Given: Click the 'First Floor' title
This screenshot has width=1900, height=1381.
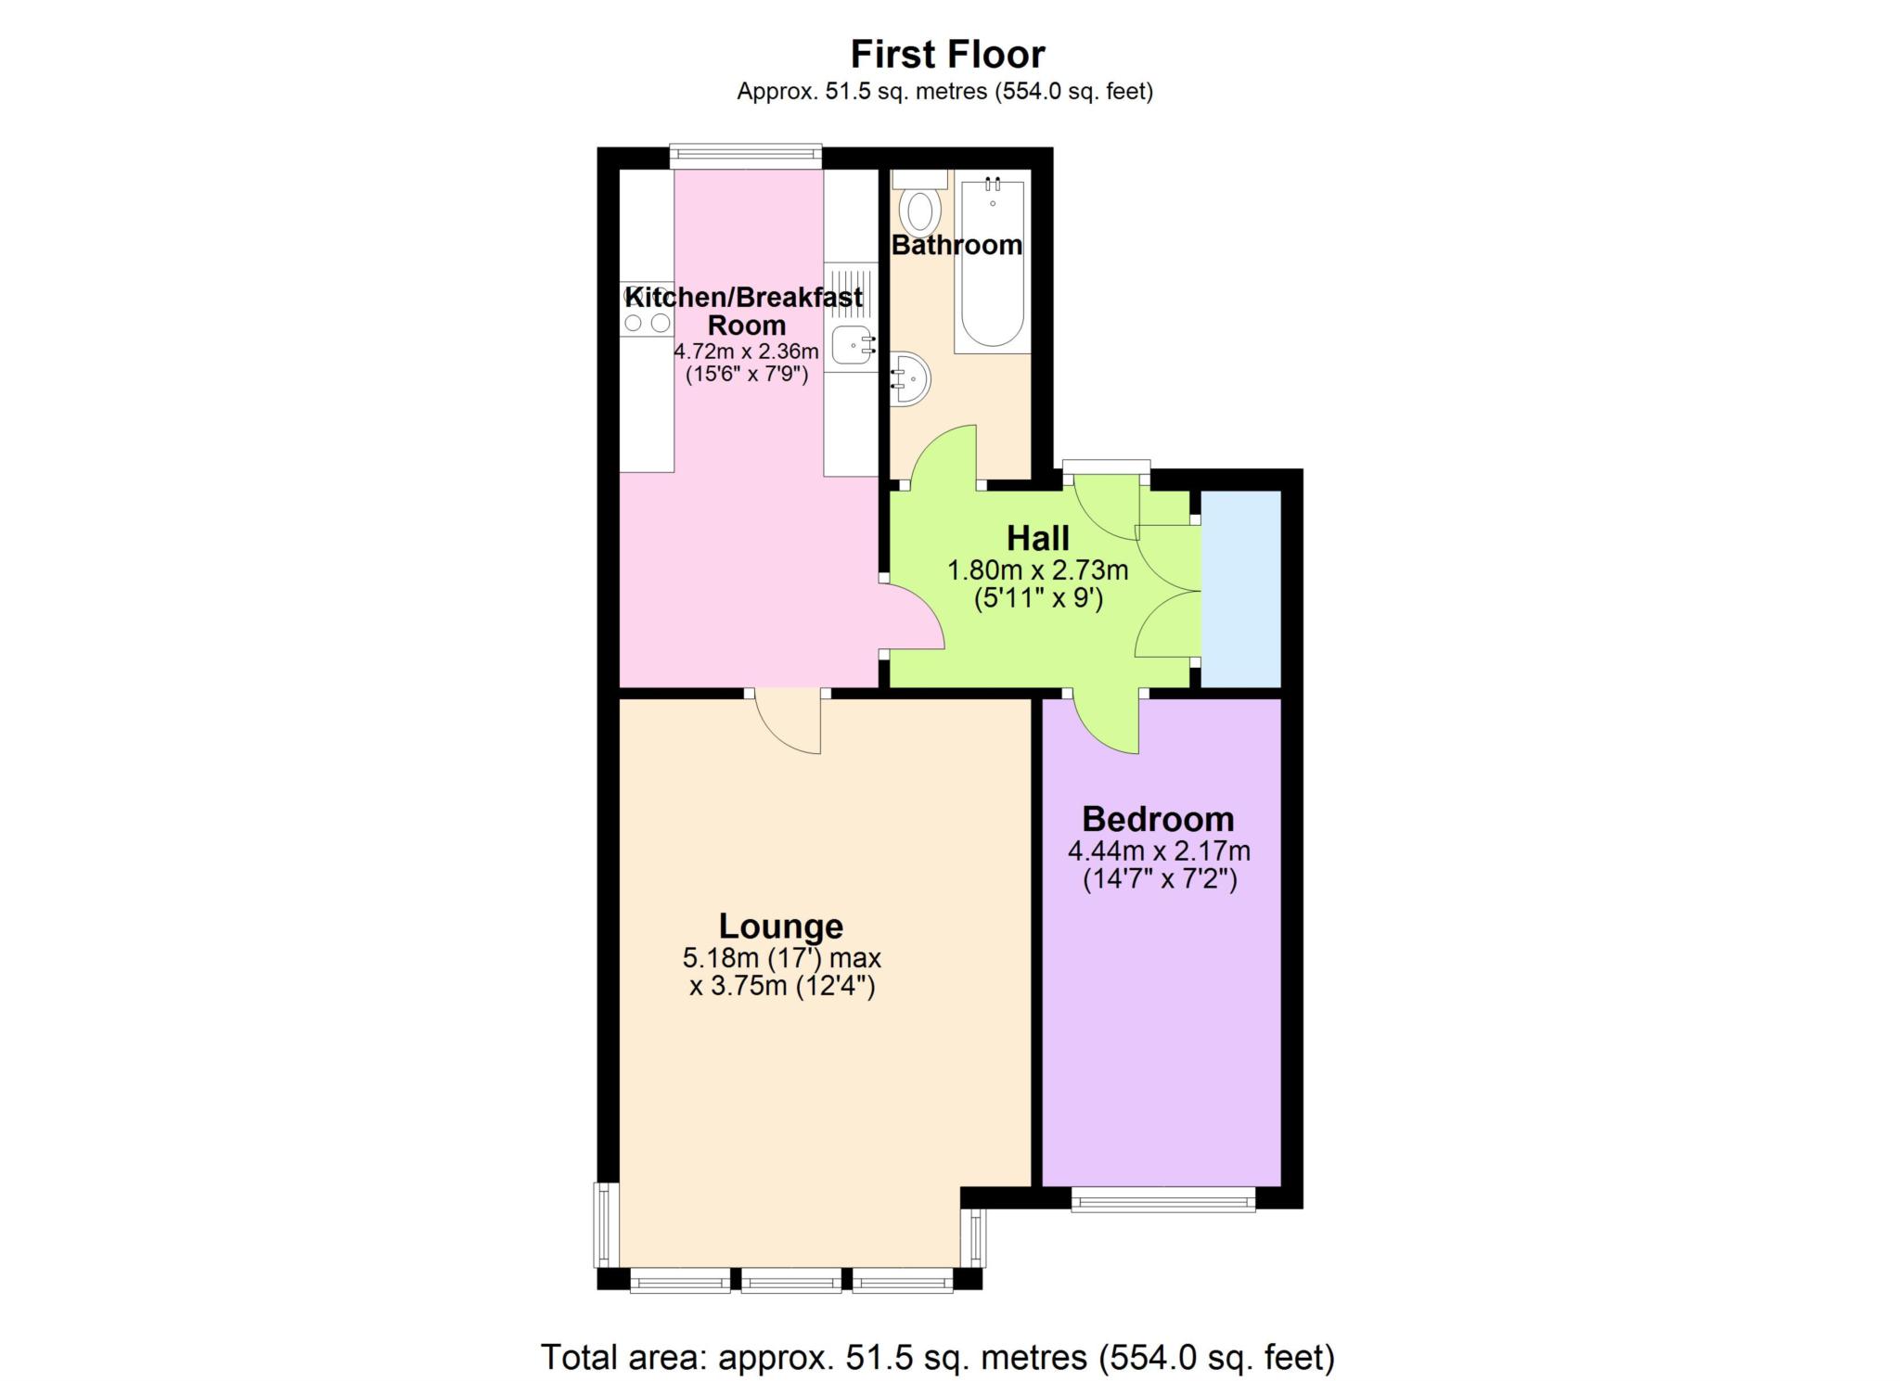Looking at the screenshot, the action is (x=947, y=55).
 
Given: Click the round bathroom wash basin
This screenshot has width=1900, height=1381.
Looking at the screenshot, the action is (x=910, y=378).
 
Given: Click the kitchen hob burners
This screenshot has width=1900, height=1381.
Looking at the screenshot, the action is (x=647, y=310).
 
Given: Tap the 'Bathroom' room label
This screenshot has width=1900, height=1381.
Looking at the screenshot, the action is (x=956, y=245).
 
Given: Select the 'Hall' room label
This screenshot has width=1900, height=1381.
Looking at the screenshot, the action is (x=1038, y=538).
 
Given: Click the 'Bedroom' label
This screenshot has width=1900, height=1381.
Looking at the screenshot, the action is (x=1158, y=819).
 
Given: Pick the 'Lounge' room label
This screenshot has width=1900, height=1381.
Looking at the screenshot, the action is (x=781, y=926).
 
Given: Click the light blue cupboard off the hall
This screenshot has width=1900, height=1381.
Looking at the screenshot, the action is (x=1241, y=589).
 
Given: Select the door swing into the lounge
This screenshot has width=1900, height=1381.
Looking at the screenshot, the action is (x=788, y=723).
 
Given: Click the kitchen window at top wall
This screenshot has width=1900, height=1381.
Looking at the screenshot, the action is (x=746, y=157).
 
